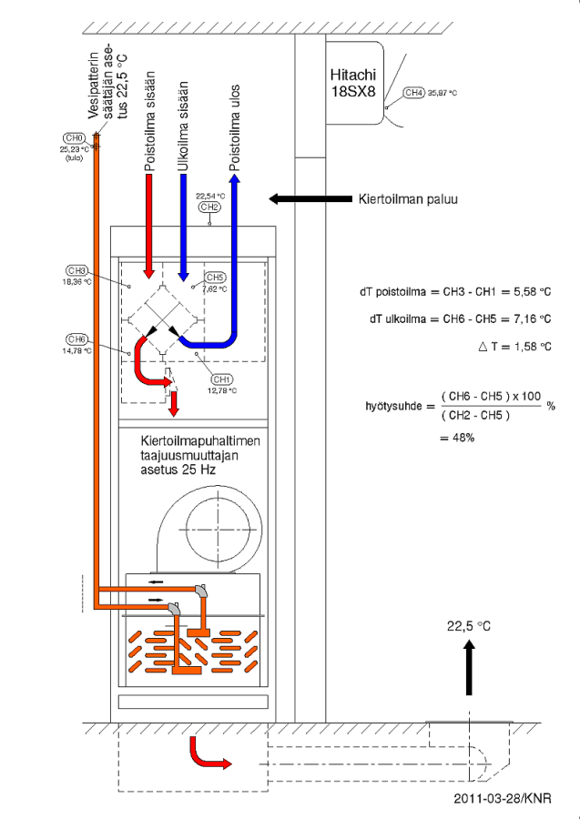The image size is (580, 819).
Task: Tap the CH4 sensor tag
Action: pyautogui.click(x=413, y=92)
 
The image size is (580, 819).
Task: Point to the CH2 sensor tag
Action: pyautogui.click(x=209, y=207)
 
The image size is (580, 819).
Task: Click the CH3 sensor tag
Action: pyautogui.click(x=76, y=270)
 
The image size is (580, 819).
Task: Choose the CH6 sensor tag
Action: pyautogui.click(x=76, y=339)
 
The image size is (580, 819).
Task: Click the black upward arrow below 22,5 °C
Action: pyautogui.click(x=469, y=667)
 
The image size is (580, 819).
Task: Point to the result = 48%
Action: pyautogui.click(x=456, y=437)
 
